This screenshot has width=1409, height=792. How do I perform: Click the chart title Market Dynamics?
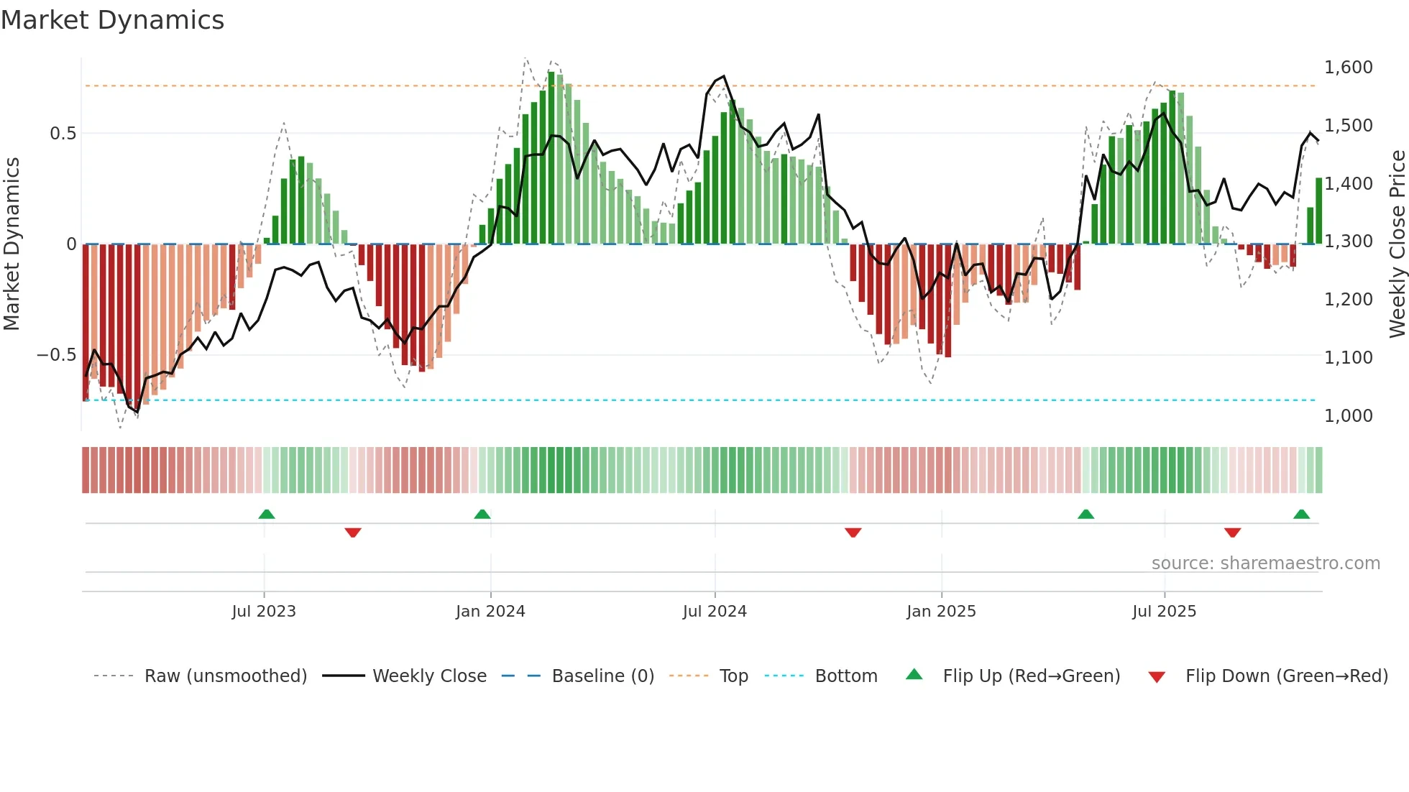112,20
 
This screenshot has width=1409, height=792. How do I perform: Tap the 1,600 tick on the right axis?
1348,68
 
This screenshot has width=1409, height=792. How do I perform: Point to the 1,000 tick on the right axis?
1348,415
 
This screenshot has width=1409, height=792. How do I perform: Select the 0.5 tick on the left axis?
63,134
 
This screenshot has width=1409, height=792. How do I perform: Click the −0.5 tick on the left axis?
57,355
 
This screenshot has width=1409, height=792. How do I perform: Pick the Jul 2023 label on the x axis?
264,612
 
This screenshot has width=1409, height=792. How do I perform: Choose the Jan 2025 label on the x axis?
941,612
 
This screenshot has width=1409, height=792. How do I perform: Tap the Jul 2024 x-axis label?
715,612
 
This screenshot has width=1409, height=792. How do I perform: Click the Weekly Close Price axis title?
1397,244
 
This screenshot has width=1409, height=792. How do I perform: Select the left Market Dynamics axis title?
12,244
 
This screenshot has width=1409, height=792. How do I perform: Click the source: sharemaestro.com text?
1265,563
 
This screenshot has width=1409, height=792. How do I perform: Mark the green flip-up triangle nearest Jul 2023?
267,514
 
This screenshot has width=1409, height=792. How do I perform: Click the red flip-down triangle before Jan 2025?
853,533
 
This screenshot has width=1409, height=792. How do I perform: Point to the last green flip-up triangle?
1301,514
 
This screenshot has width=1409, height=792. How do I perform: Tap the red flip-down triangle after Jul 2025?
1232,533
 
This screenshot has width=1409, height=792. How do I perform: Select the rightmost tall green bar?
1319,211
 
